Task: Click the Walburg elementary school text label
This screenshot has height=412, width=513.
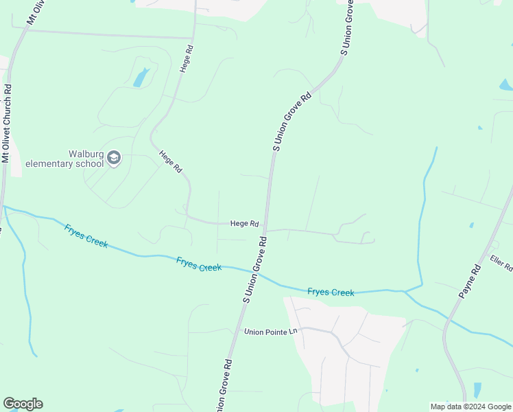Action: (64, 159)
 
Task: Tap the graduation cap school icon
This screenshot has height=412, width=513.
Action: (114, 159)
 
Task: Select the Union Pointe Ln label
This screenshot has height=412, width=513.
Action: (272, 332)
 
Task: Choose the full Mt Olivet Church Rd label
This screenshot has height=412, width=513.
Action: (7, 124)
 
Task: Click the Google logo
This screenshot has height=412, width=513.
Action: (23, 404)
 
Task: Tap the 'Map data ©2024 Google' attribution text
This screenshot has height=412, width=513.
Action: (470, 407)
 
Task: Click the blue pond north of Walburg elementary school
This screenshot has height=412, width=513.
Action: (141, 77)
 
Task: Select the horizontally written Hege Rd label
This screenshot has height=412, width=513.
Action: (244, 223)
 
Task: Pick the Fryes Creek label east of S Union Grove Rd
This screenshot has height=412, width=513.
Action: (331, 293)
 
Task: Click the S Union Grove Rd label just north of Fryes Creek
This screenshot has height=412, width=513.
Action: (254, 269)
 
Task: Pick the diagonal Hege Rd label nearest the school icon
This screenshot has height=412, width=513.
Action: (170, 161)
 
